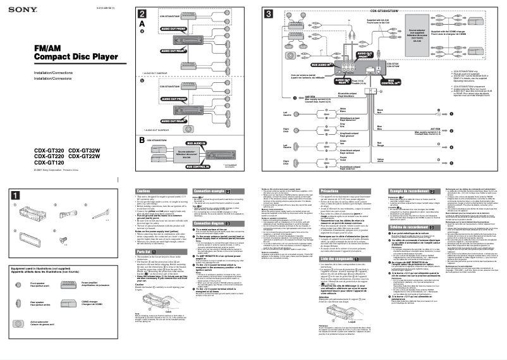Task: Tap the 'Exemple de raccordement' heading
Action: point(406,190)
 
